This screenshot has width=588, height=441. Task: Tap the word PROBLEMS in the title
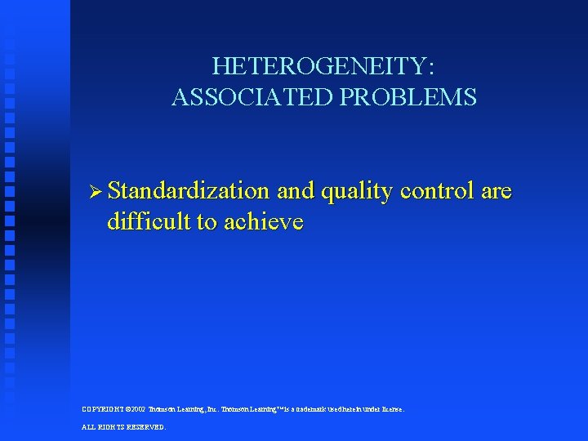[408, 98]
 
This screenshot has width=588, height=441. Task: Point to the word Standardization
[189, 192]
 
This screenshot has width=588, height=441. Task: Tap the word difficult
[143, 222]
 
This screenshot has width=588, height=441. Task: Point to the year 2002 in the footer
[137, 409]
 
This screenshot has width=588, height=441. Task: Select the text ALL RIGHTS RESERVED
[123, 427]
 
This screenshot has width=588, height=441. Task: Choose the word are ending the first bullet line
[497, 192]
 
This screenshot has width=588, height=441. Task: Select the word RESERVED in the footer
[148, 427]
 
